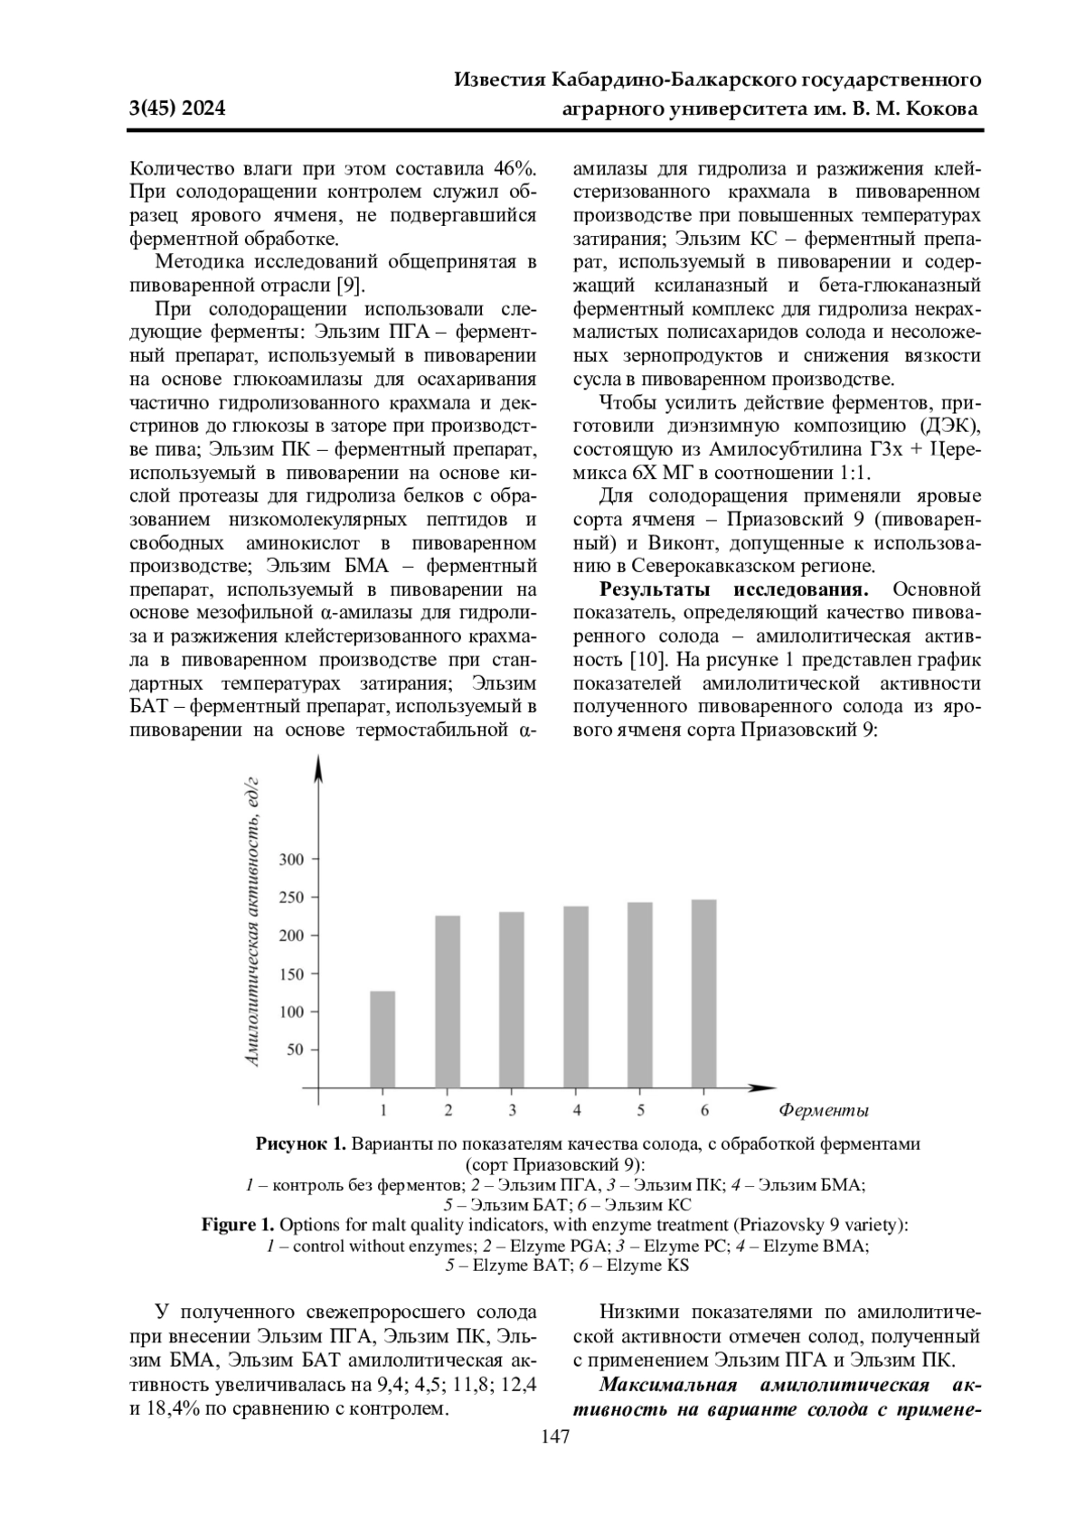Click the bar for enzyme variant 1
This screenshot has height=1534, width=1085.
[x=382, y=1039]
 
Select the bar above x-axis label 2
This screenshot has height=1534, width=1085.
[x=448, y=1001]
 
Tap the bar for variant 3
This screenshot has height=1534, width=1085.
[x=512, y=999]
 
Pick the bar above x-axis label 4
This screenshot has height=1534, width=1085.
[x=576, y=996]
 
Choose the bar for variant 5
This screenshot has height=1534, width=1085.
[x=640, y=994]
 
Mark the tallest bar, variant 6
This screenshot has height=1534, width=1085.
[x=704, y=993]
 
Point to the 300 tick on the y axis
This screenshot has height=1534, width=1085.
[x=291, y=859]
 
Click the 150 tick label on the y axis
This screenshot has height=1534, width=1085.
[x=291, y=974]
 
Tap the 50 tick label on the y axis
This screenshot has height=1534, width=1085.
[x=296, y=1050]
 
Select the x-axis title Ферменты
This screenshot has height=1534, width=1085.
[x=823, y=1111]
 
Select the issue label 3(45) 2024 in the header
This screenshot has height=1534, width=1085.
[x=177, y=110]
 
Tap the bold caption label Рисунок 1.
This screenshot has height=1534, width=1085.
[x=301, y=1144]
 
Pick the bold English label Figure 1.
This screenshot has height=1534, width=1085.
[x=237, y=1226]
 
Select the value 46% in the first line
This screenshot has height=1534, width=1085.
[x=514, y=168]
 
